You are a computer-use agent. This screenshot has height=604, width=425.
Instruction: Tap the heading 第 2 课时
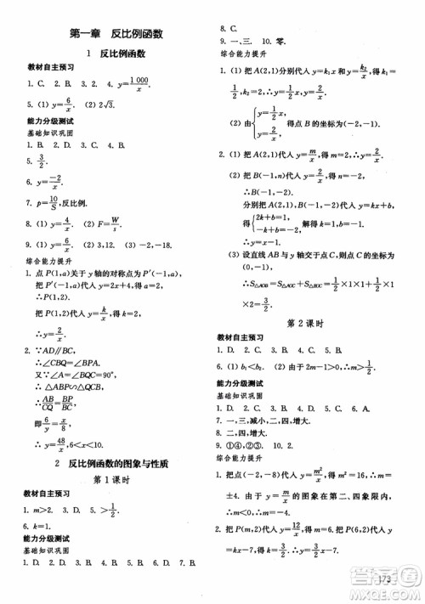314,323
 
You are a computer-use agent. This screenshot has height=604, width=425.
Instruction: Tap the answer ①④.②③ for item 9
249,443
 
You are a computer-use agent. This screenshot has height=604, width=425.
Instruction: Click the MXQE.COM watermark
386,594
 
